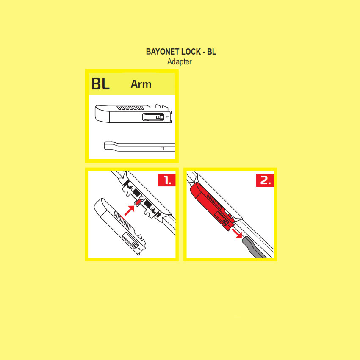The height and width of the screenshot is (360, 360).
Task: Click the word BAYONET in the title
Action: [162, 52]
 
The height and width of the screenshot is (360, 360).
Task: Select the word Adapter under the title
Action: [179, 62]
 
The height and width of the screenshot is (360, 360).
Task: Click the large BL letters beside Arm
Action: [100, 83]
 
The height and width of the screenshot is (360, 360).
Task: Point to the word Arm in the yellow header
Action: [141, 84]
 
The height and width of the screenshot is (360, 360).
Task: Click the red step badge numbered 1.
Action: [166, 180]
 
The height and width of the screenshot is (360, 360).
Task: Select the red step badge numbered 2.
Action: [265, 180]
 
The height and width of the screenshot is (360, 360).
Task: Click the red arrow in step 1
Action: [130, 210]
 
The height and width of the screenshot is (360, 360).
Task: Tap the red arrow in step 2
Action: [237, 233]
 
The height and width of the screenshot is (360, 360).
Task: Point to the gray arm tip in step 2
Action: [253, 247]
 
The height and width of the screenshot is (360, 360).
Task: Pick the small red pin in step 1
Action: [138, 202]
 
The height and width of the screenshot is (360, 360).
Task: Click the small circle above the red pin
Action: [142, 198]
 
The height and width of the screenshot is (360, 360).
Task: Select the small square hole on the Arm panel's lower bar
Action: [162, 149]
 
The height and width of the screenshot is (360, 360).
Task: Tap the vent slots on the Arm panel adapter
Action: [130, 108]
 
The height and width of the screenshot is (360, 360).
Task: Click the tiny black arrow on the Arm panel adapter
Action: [167, 117]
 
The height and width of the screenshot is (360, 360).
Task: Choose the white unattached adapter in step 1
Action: [120, 227]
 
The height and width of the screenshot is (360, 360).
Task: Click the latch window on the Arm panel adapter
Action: [153, 117]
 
